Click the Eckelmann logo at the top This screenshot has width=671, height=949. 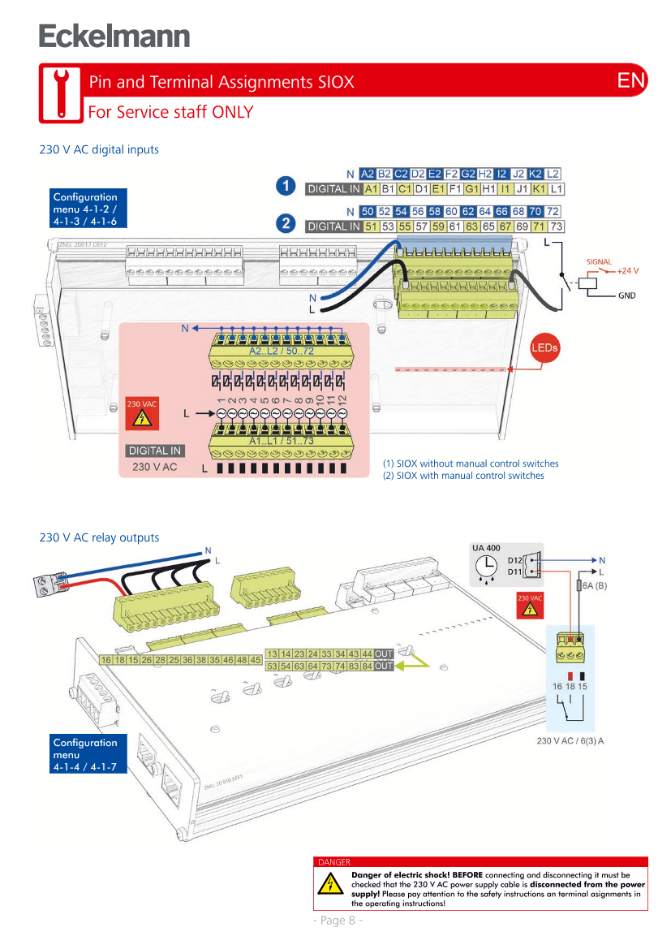(114, 37)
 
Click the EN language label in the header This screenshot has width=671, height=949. (631, 80)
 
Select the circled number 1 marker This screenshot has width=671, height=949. (286, 186)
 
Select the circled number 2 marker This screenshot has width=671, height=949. (286, 222)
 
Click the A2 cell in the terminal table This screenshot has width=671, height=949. (368, 174)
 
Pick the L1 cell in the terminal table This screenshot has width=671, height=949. (556, 189)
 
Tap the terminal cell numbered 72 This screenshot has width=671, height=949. (555, 211)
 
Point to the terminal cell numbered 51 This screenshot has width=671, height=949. (371, 226)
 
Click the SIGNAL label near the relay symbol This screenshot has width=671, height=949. (599, 261)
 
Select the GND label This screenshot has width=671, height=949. (626, 295)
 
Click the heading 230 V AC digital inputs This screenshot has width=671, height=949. (99, 150)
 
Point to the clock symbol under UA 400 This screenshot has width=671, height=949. (487, 565)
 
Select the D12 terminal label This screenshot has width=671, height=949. (514, 559)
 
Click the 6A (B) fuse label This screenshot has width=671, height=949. (591, 585)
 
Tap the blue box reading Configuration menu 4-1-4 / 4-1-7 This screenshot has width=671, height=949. (85, 754)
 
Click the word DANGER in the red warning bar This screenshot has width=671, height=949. (334, 862)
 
